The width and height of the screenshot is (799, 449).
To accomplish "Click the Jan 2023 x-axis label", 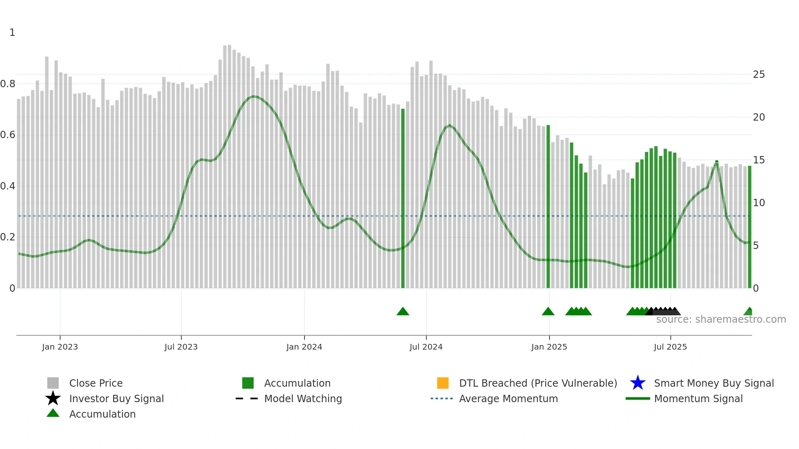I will click(60, 347).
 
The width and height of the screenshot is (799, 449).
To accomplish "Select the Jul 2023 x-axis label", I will click(181, 347).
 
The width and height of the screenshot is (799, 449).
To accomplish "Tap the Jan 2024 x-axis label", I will click(304, 347).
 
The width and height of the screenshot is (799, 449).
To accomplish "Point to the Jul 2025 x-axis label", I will click(670, 347).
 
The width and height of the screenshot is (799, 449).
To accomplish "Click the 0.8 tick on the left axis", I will click(8, 84).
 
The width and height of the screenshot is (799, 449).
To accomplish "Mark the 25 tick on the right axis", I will click(759, 75).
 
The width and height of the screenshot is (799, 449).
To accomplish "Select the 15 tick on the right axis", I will click(759, 160).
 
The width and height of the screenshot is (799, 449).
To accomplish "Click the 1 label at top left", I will click(12, 33).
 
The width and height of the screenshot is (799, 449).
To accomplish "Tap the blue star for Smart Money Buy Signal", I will click(638, 383).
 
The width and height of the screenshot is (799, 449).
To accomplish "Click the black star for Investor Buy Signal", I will click(53, 398).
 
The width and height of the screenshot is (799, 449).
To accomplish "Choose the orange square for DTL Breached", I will click(443, 383).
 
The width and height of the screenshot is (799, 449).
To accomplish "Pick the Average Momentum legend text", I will click(508, 398).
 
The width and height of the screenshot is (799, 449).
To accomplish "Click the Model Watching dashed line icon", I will click(247, 398).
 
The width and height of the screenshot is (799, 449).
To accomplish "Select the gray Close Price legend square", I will click(53, 383).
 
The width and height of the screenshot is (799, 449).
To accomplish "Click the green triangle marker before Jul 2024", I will click(403, 312).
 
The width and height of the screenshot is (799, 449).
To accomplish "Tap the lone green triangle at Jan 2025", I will click(548, 312).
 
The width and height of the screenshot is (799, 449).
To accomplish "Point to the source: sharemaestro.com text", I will click(721, 319).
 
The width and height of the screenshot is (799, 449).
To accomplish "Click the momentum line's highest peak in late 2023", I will click(254, 97).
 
